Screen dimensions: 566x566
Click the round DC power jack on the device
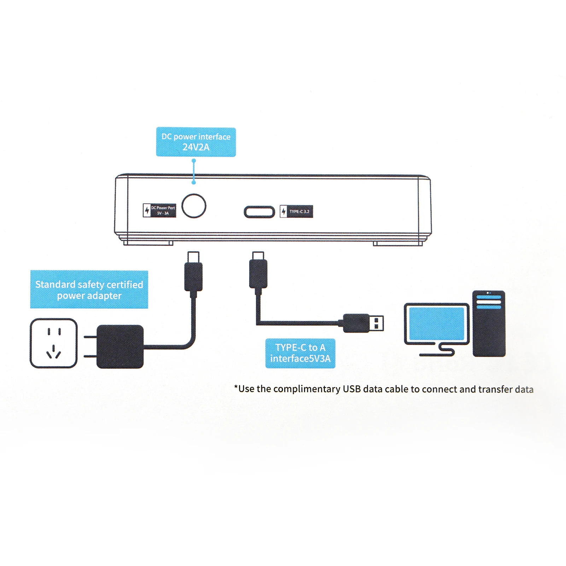tap(194, 206)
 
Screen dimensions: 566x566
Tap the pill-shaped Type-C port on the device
tap(259, 212)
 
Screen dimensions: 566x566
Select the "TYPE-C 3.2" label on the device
tap(299, 211)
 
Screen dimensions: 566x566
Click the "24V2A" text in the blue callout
tap(196, 147)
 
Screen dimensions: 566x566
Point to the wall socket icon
tap(53, 343)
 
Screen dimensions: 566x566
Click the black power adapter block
tap(120, 346)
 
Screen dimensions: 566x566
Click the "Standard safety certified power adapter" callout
tap(89, 290)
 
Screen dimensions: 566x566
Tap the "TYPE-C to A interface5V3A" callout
tap(300, 353)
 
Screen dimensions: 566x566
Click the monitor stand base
tap(437, 354)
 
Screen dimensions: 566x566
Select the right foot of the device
tap(398, 243)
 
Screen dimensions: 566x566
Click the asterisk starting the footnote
tap(236, 388)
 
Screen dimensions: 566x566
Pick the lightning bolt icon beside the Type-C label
tap(284, 211)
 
